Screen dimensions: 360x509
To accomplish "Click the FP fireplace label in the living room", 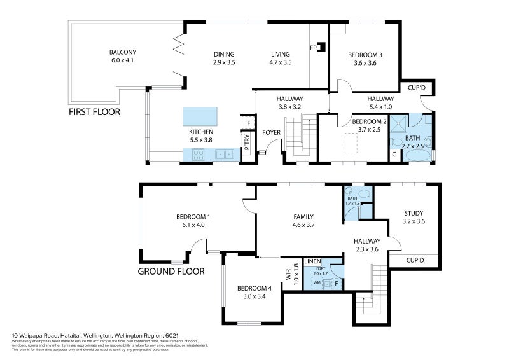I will point(313,47).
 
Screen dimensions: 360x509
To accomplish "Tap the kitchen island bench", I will point(199,116).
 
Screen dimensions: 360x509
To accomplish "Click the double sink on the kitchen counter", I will point(224,153).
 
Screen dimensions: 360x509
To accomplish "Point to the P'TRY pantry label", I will point(246,142).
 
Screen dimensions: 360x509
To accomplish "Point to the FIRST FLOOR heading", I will point(94,112).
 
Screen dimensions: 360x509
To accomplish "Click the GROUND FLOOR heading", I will point(171,271).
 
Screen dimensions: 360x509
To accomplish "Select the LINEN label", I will point(312,261).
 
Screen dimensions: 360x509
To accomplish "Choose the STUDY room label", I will point(414,213).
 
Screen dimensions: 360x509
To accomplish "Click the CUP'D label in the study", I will point(414,260).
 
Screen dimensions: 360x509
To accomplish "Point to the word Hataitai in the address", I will point(62,335).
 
